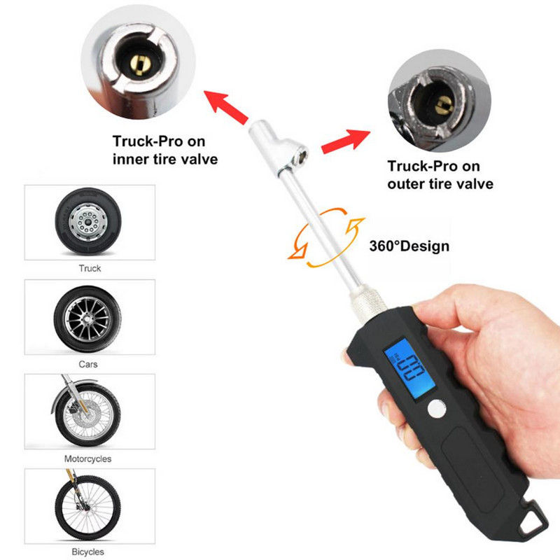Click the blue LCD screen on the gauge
coord(410,369)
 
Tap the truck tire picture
coord(88,221)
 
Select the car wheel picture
coord(87,319)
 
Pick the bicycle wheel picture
coord(87,506)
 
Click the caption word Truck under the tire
coord(90,268)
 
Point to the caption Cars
coord(88,364)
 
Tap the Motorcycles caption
coord(88,459)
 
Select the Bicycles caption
coord(88,552)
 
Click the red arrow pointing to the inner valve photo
coord(225,107)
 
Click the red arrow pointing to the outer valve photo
coord(345,141)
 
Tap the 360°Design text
coord(409,246)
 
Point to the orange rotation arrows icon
coord(326,237)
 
